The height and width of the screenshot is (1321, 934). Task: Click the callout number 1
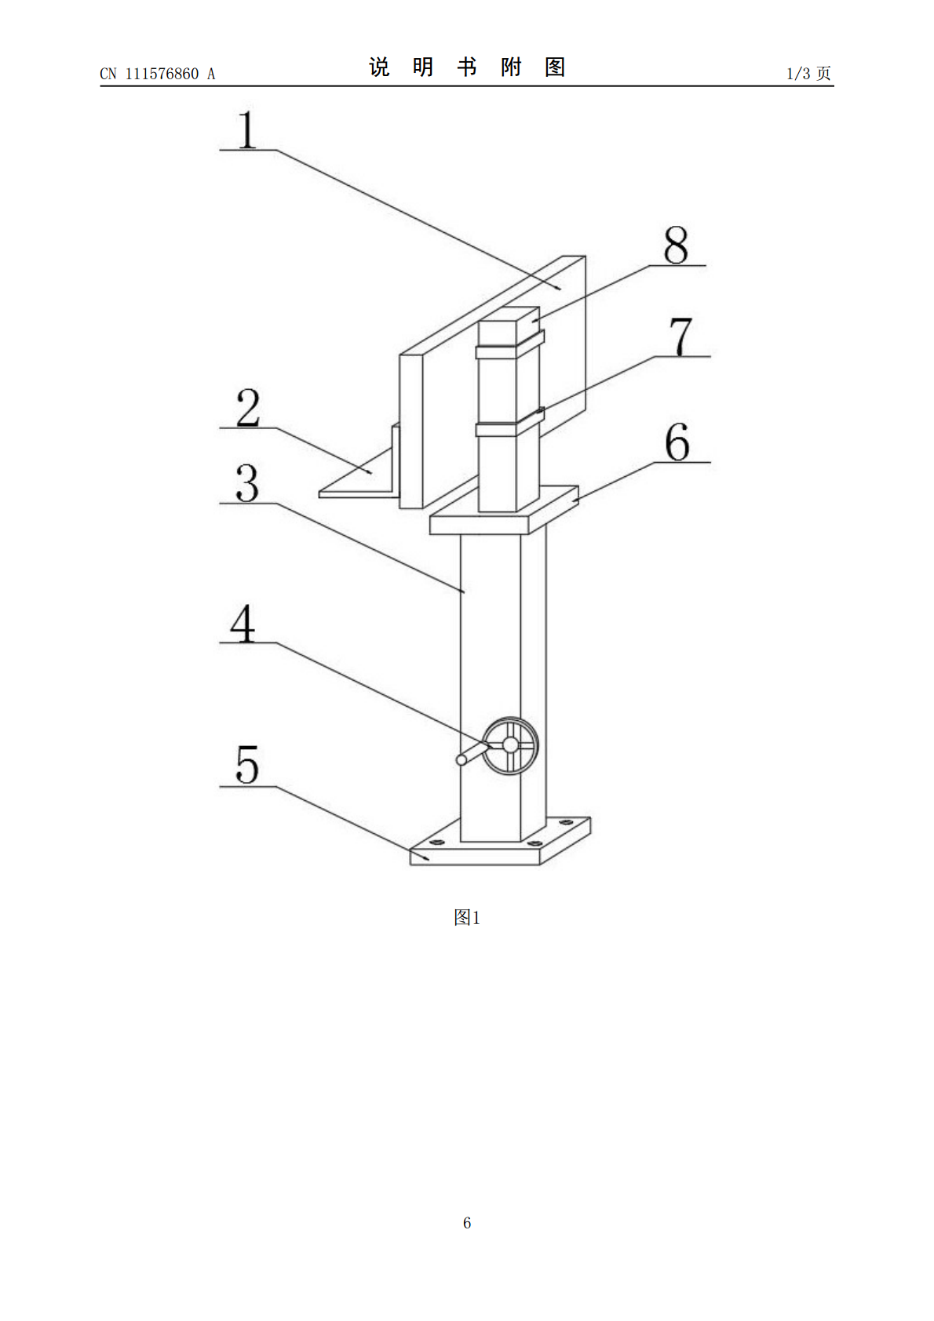coord(247,129)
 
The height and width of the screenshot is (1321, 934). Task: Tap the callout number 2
coord(248,407)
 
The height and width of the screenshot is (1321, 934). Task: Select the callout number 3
coord(247,483)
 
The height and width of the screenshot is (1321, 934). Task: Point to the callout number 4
coord(243,623)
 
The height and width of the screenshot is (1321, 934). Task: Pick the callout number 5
coord(247,764)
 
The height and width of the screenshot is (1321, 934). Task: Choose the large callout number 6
coord(677,442)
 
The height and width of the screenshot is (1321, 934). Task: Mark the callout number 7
coord(681,337)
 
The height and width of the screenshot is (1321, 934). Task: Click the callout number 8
coord(676,246)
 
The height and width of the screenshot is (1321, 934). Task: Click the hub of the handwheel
coord(510,745)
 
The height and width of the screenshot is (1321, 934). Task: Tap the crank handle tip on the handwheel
coord(462,760)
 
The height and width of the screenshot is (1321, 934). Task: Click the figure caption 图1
coord(467,917)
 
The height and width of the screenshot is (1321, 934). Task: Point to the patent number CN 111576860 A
coord(158,74)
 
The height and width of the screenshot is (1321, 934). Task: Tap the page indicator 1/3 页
coord(808,73)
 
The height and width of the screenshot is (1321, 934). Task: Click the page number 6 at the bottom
coord(467,1222)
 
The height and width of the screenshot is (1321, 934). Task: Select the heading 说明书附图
coord(467,67)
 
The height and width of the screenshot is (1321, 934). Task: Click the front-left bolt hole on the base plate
coord(436,842)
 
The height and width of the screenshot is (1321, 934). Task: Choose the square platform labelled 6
coord(504,510)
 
